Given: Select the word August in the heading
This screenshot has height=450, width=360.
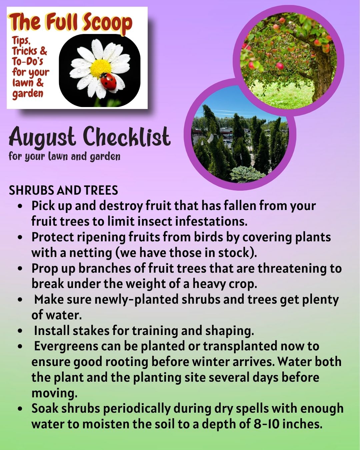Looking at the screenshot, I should click(42, 137).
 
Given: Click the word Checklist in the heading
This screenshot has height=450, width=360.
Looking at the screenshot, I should click(127, 137).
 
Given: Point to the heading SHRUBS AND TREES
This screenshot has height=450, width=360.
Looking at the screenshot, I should click(63, 190).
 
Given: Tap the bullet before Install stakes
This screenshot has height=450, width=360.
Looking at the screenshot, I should click(21, 331).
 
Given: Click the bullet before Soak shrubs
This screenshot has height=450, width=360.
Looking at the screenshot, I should click(21, 409).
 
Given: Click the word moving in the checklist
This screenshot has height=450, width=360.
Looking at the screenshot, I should click(54, 393).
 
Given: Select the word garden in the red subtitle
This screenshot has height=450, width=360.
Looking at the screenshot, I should click(28, 93).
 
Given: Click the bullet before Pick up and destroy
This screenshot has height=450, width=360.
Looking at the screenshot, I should click(21, 206).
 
